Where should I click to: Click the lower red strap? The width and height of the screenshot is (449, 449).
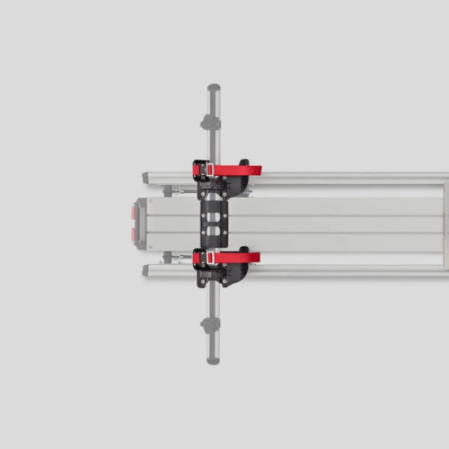coord(235,258)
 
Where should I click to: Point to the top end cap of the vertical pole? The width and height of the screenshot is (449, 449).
coord(214,90)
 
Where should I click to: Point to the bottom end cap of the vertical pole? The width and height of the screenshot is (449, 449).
coord(214,354)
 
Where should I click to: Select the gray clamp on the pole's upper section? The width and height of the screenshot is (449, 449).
coord(214,121)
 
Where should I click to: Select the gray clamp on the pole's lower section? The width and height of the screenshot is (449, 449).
coord(214,323)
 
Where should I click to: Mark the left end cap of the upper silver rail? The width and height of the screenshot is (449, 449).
coord(146,178)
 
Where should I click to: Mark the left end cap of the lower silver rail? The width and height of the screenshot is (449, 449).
coord(146,269)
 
